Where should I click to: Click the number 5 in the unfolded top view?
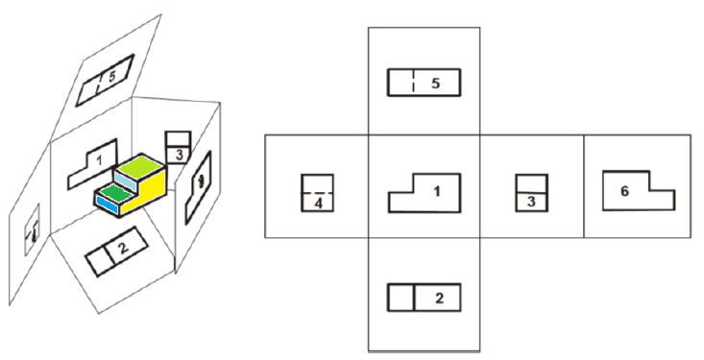(x=435, y=84)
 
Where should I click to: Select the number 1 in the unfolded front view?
(x=436, y=190)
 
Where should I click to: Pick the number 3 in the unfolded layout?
(x=529, y=200)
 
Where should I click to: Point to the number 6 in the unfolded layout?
(x=624, y=191)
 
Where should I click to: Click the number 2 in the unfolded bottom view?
(x=439, y=298)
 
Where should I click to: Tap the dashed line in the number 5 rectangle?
(x=412, y=83)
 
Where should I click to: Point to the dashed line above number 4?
(x=317, y=192)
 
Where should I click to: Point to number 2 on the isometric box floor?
(x=122, y=250)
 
